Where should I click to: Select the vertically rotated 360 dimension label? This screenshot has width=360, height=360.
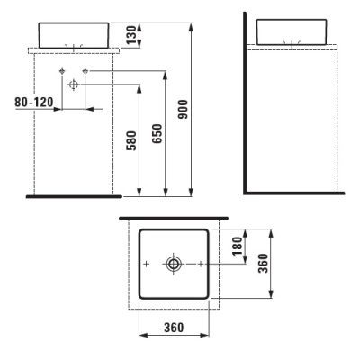point(263,265)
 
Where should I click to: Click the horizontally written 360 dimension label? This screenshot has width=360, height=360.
point(175,327)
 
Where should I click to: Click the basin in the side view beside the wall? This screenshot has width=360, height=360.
point(291,31)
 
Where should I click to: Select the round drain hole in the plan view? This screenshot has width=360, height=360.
point(173,264)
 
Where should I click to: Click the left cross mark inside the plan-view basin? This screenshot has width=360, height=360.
point(147,264)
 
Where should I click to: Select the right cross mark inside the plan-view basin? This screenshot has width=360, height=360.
point(200,264)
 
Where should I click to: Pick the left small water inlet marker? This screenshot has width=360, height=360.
point(61,70)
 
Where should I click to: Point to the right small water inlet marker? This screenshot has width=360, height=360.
point(85,70)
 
